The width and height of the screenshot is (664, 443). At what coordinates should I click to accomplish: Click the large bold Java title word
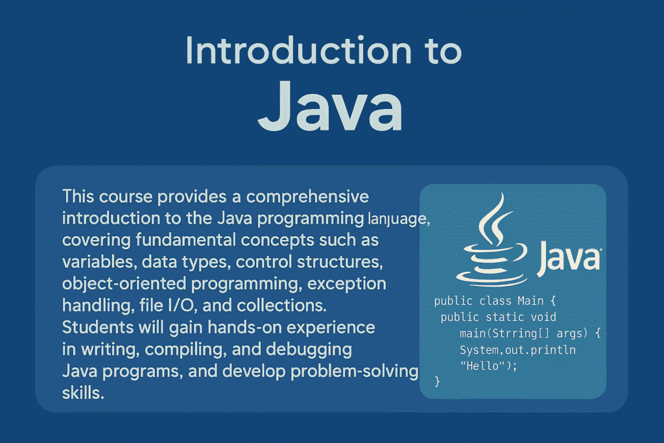tap(330, 106)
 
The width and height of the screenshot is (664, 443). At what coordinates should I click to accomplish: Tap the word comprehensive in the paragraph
tap(307, 197)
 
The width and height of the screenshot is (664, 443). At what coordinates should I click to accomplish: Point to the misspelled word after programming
tap(399, 219)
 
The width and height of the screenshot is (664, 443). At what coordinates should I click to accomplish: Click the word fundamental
tap(186, 240)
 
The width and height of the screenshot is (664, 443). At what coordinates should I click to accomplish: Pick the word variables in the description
tap(99, 262)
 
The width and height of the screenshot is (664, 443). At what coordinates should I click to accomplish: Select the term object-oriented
tap(124, 284)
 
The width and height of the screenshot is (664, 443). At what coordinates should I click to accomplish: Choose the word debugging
tap(309, 350)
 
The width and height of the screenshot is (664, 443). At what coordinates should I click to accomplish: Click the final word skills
tap(83, 393)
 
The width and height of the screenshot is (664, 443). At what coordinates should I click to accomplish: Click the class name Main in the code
tap(530, 301)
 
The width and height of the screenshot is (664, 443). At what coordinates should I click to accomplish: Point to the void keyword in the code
tap(543, 317)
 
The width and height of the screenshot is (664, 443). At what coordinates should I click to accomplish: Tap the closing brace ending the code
tap(438, 381)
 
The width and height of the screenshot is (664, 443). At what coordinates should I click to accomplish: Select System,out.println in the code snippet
tap(517, 350)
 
